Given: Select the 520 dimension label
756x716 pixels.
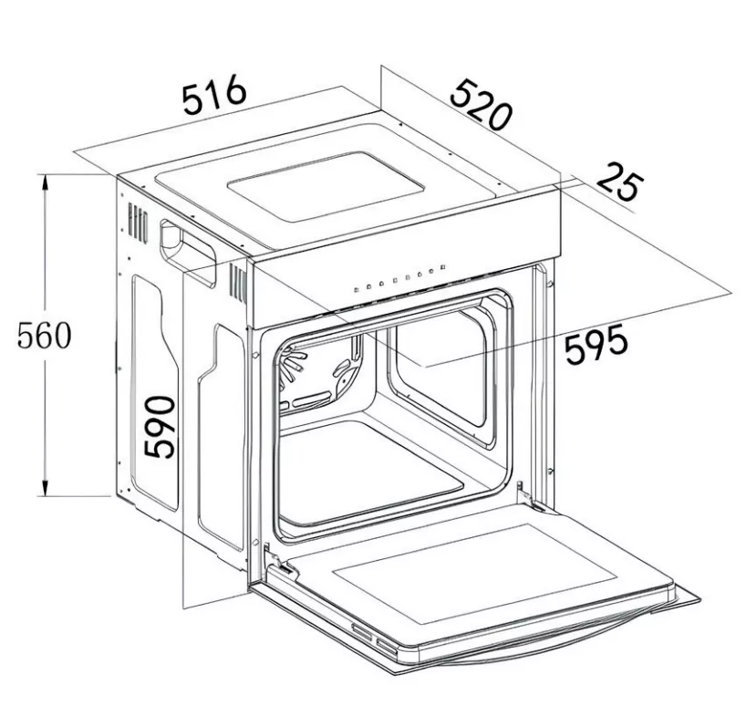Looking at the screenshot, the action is click(480, 105).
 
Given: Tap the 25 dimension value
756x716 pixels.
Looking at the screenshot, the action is click(620, 182).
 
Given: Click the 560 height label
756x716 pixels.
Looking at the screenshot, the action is click(44, 335).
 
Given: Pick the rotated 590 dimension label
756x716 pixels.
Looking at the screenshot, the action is click(160, 427).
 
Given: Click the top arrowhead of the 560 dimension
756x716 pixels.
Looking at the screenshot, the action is click(45, 182).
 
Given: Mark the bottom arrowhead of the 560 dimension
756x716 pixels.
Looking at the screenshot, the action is click(45, 487).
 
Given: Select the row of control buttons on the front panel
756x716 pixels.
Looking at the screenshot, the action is click(399, 278).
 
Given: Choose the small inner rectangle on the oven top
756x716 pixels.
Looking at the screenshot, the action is click(326, 187).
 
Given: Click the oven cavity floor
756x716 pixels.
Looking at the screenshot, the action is click(368, 470).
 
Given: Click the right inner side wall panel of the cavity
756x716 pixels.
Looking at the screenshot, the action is click(440, 366).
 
